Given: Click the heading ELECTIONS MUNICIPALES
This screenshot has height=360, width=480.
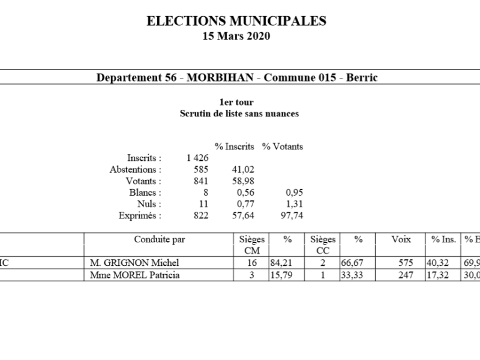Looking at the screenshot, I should coord(236,22).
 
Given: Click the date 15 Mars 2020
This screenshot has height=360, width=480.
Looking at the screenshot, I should coord(236,36).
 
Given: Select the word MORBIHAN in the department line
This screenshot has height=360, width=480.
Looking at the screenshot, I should coord(222,77).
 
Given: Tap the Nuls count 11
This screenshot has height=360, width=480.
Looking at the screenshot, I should coord(203,204).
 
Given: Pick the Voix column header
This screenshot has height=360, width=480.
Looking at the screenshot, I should coord(401,239).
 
